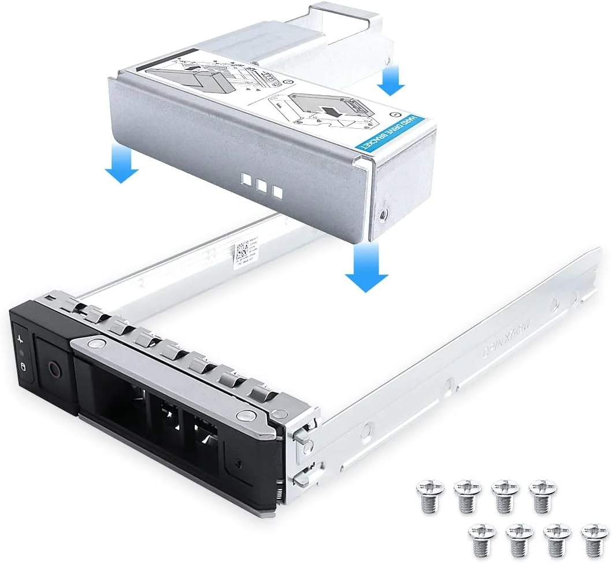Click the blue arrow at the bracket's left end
coord(121,164)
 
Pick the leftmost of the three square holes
coord(248,182)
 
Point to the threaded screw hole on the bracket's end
coord(383,214)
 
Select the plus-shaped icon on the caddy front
coord(21,337)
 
